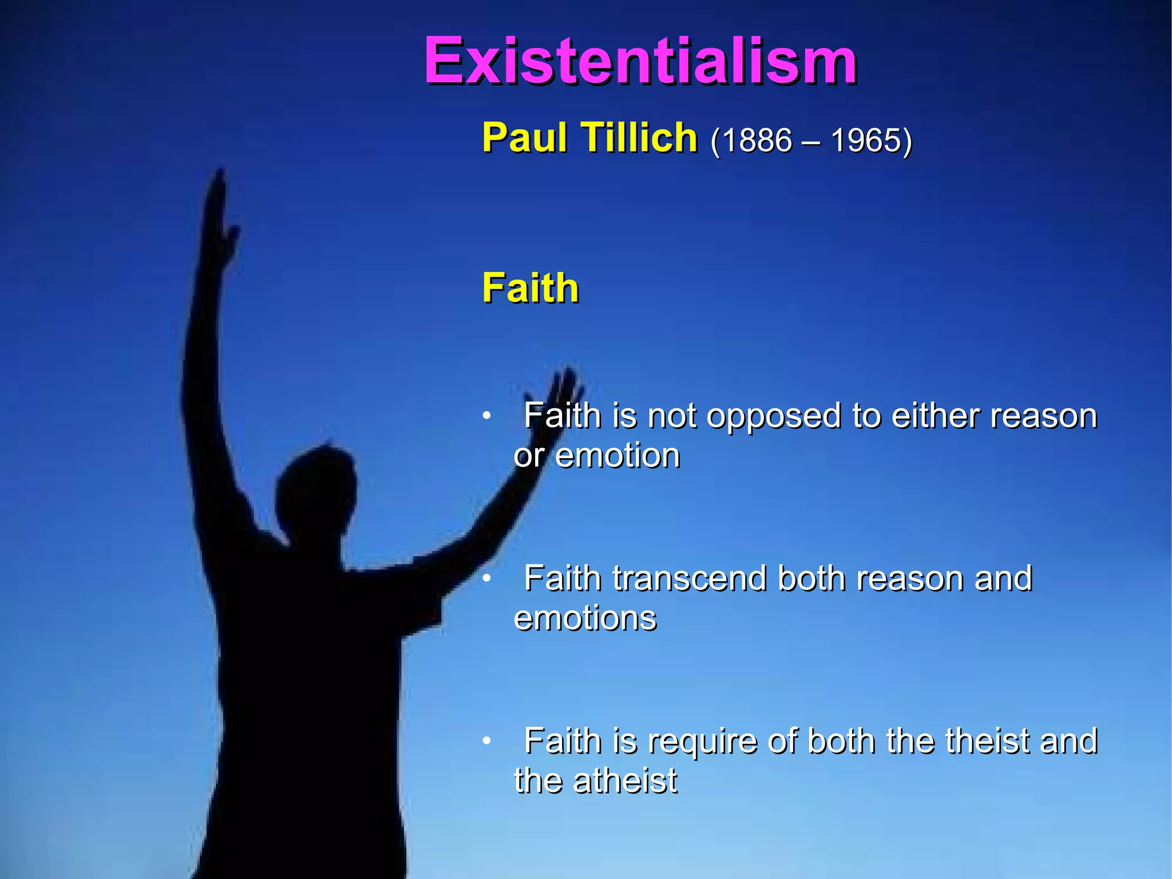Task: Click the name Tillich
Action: tap(639, 138)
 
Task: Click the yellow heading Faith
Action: tap(530, 287)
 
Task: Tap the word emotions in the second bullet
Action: tap(585, 618)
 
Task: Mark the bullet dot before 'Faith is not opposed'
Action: tap(486, 415)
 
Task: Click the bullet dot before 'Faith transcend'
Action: tap(486, 578)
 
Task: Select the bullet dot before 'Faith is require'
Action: tap(486, 741)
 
